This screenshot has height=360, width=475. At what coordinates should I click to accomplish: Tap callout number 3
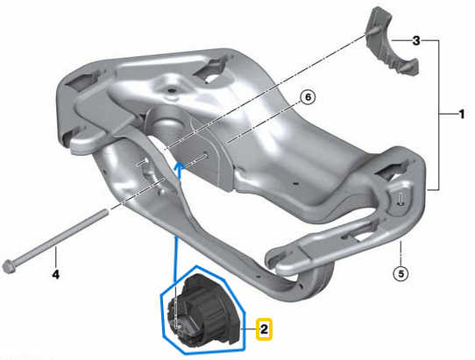point(416,41)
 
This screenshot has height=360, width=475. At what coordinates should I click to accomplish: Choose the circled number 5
point(401,273)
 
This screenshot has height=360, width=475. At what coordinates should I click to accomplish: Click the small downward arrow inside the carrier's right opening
point(400,198)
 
